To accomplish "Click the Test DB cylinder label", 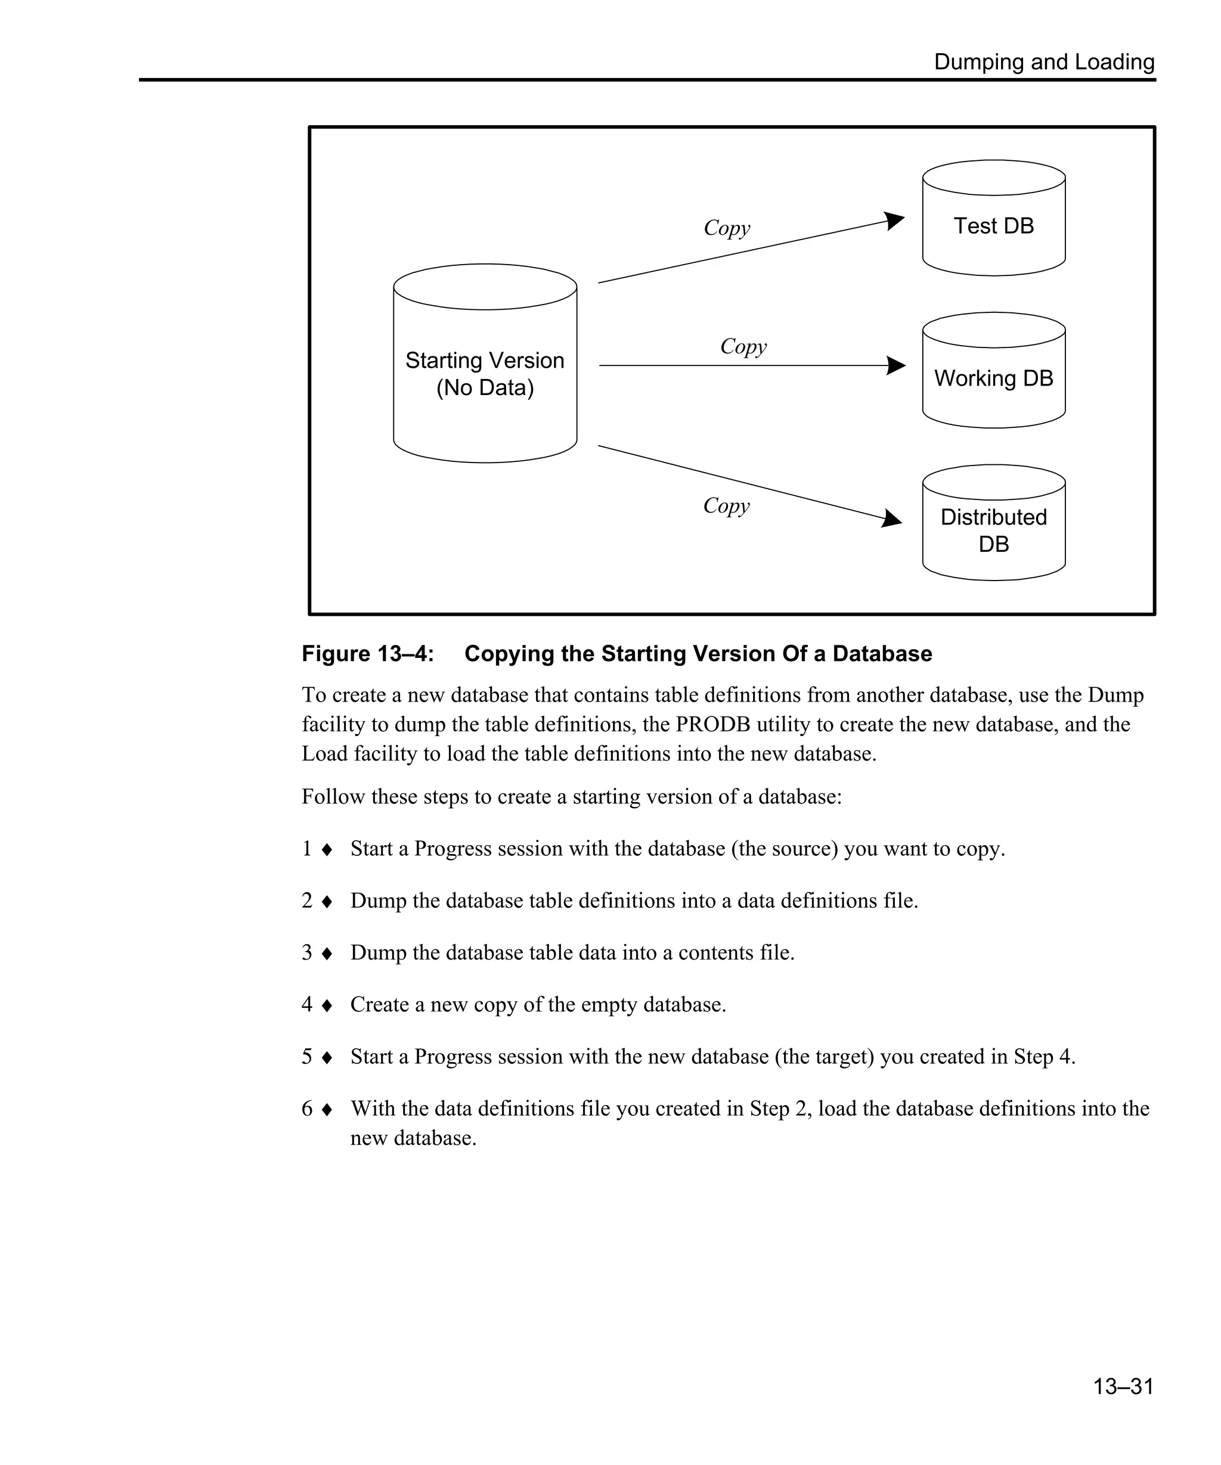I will (993, 226).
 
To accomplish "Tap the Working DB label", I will (993, 378).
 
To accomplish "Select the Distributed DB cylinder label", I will (993, 530).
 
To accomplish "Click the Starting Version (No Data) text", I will (485, 374).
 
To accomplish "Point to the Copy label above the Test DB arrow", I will (726, 228).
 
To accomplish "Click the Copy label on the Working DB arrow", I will (743, 346).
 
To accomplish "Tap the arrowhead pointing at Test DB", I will (894, 221).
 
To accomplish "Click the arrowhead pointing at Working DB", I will (897, 365).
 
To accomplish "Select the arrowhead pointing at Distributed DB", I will (892, 519).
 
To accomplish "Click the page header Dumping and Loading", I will (1044, 62).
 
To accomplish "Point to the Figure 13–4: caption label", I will (368, 654).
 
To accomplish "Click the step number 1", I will (307, 848).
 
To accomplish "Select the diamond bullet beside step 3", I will (327, 954).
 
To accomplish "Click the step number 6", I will (307, 1109).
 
